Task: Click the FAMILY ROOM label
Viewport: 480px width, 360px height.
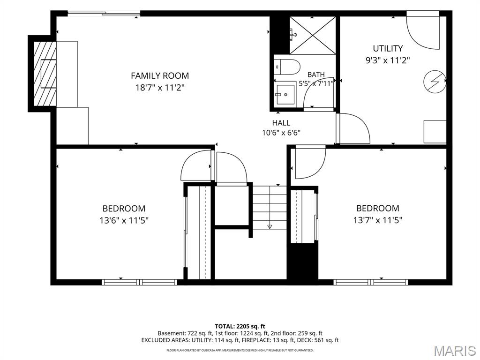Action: [x=160, y=75]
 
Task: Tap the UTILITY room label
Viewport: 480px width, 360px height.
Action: [x=388, y=48]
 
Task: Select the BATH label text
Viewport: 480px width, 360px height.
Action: [x=316, y=75]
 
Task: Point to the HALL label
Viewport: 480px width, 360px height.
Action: [x=281, y=123]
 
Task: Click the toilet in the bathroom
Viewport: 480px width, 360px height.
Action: [x=287, y=67]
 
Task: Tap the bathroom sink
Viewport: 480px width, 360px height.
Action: [x=285, y=94]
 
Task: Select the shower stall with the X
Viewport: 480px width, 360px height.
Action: [x=313, y=35]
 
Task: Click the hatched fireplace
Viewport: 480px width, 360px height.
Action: [x=45, y=74]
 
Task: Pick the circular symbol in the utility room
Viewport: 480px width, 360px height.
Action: [x=435, y=82]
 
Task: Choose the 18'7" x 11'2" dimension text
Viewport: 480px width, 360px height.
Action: [x=160, y=88]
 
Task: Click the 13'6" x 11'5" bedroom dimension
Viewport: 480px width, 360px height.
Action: [x=124, y=220]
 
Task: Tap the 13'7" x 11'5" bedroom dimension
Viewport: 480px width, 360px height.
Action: [x=377, y=220]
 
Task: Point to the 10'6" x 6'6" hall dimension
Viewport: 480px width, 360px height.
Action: [x=281, y=133]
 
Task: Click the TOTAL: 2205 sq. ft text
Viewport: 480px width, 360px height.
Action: [x=240, y=326]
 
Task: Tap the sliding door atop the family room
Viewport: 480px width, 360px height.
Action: [x=104, y=13]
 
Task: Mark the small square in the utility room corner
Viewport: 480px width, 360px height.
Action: [x=435, y=132]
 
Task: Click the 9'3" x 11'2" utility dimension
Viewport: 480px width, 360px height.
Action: [x=388, y=60]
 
